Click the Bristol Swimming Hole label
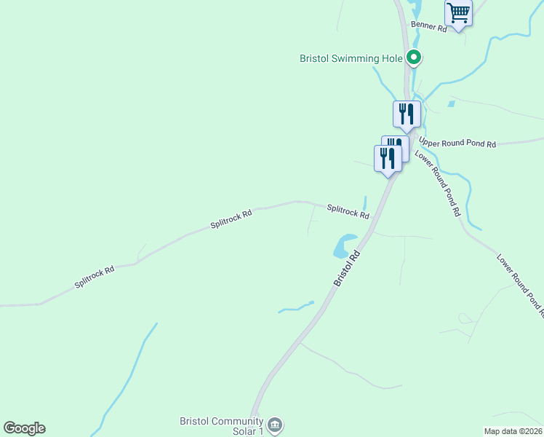pyautogui.click(x=352, y=58)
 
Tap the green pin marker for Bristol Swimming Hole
pyautogui.click(x=414, y=56)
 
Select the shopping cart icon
pyautogui.click(x=458, y=12)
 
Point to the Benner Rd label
pyautogui.click(x=429, y=27)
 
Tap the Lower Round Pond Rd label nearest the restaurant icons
pyautogui.click(x=438, y=184)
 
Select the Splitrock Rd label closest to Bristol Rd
pyautogui.click(x=348, y=211)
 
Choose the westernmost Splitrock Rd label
pyautogui.click(x=95, y=277)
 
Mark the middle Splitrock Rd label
pyautogui.click(x=231, y=219)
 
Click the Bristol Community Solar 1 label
pyautogui.click(x=221, y=427)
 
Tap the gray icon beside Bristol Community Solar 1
pyautogui.click(x=274, y=425)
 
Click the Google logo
pyautogui.click(x=24, y=428)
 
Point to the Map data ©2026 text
pyautogui.click(x=513, y=431)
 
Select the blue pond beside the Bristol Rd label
pyautogui.click(x=343, y=246)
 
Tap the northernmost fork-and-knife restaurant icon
pyautogui.click(x=407, y=114)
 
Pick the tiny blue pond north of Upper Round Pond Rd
pyautogui.click(x=452, y=104)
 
